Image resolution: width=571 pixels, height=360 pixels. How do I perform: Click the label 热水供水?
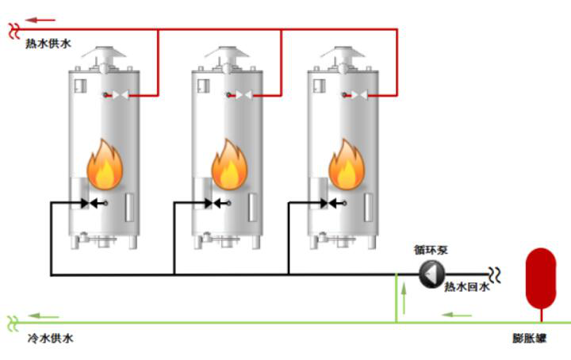pos(48,44)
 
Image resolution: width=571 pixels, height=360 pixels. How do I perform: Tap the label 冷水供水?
pos(50,339)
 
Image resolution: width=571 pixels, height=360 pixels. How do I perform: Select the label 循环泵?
pos(431,250)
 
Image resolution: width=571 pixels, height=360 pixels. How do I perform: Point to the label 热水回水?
pos(466,287)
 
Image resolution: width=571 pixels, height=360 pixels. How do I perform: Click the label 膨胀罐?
pos(529,339)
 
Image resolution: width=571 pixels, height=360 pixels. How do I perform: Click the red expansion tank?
pos(542,274)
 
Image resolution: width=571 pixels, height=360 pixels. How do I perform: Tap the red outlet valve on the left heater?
pos(117,96)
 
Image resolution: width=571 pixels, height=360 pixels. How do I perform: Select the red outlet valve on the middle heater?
pos(240,96)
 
